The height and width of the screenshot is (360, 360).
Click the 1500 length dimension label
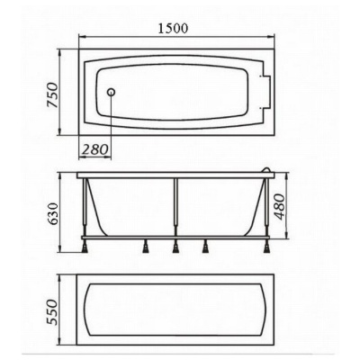[173, 28]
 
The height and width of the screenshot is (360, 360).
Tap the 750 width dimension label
[53, 94]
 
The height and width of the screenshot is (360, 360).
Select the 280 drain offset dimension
[95, 149]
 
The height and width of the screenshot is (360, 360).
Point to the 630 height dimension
[53, 214]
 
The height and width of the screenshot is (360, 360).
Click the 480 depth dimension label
[280, 206]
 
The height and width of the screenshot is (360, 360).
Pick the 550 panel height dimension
[53, 312]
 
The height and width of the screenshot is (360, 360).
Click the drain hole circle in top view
[112, 92]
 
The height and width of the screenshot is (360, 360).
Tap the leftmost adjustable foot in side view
[85, 247]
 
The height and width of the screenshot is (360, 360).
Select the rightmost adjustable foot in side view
[266, 247]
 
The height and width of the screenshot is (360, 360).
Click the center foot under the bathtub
[175, 247]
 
